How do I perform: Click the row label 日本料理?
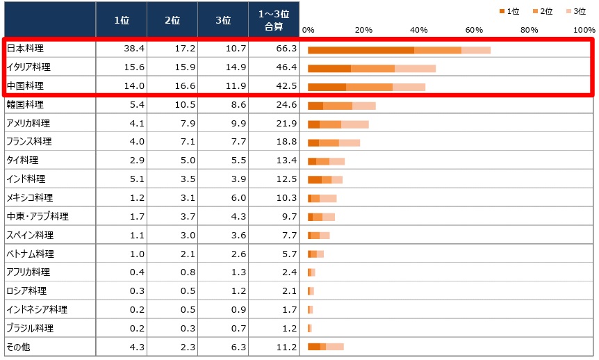click(24, 49)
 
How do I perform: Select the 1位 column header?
click(121, 20)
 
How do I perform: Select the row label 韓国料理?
click(25, 105)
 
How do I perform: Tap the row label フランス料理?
click(28, 142)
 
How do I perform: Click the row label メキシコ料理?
click(29, 198)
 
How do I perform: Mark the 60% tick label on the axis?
click(474, 30)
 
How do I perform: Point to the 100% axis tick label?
click(584, 30)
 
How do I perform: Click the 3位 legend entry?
click(576, 11)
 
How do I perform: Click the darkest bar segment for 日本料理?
click(361, 50)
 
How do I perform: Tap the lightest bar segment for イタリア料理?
click(415, 68)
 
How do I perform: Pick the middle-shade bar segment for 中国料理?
click(369, 87)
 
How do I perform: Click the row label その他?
click(17, 347)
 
